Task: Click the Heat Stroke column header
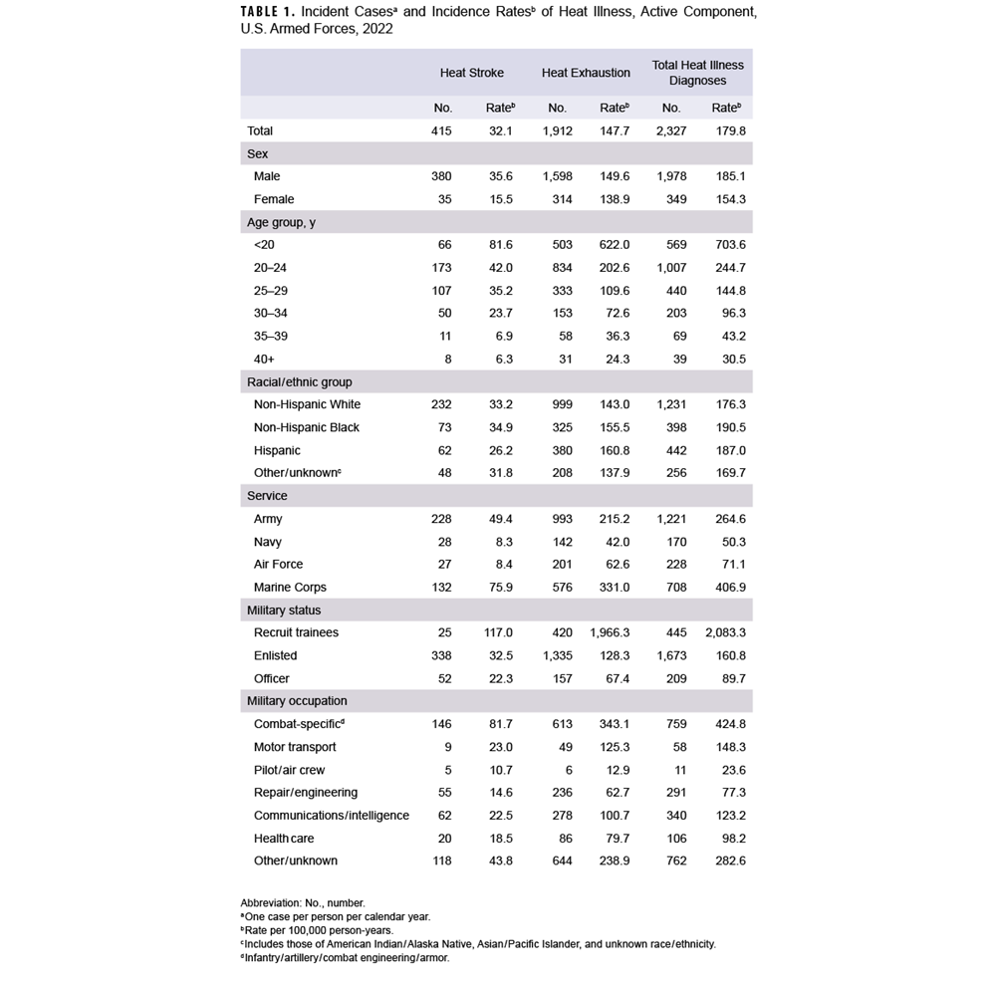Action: point(471,73)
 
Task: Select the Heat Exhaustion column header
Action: point(586,73)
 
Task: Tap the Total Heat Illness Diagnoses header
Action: point(697,73)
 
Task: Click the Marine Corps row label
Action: point(290,588)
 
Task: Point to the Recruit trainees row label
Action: point(296,633)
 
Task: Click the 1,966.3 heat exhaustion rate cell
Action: point(609,633)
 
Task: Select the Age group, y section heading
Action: point(281,222)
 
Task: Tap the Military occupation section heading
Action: point(297,701)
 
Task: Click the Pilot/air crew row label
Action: point(289,770)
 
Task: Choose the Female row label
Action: point(274,199)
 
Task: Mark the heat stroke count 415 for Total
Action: point(441,130)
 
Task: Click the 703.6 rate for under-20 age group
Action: point(727,245)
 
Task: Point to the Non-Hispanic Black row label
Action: point(307,427)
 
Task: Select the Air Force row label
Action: point(278,565)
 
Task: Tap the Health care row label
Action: point(284,839)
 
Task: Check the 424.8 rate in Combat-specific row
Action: point(727,724)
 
